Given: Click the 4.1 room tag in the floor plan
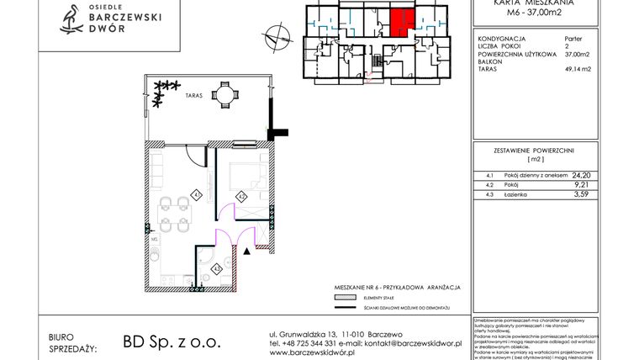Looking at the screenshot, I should [x=195, y=194].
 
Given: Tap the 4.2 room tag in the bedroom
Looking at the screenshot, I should [x=240, y=198].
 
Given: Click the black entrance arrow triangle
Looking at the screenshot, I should [x=246, y=250].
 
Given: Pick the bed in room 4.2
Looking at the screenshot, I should [x=246, y=176].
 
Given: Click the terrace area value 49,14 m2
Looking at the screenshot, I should [x=578, y=69].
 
